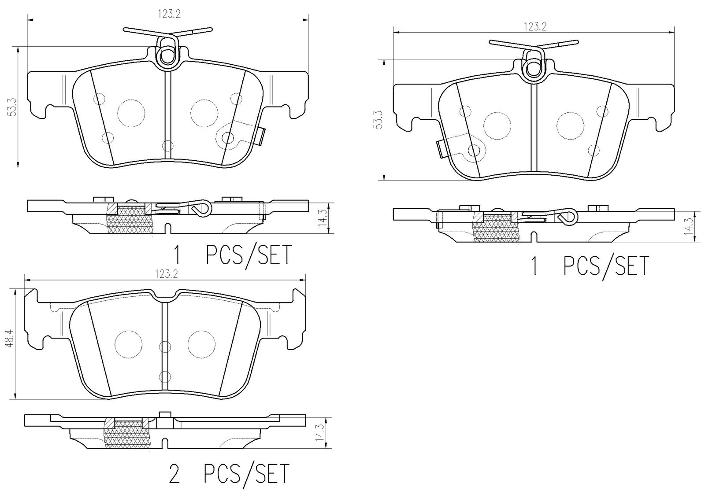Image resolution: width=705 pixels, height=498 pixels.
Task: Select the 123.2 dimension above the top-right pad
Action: click(534, 27)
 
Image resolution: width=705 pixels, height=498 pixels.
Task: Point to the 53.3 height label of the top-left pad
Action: click(13, 107)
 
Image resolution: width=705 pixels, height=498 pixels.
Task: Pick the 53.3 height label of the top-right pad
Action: click(378, 119)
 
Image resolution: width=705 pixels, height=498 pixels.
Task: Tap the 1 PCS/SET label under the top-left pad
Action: click(232, 255)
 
